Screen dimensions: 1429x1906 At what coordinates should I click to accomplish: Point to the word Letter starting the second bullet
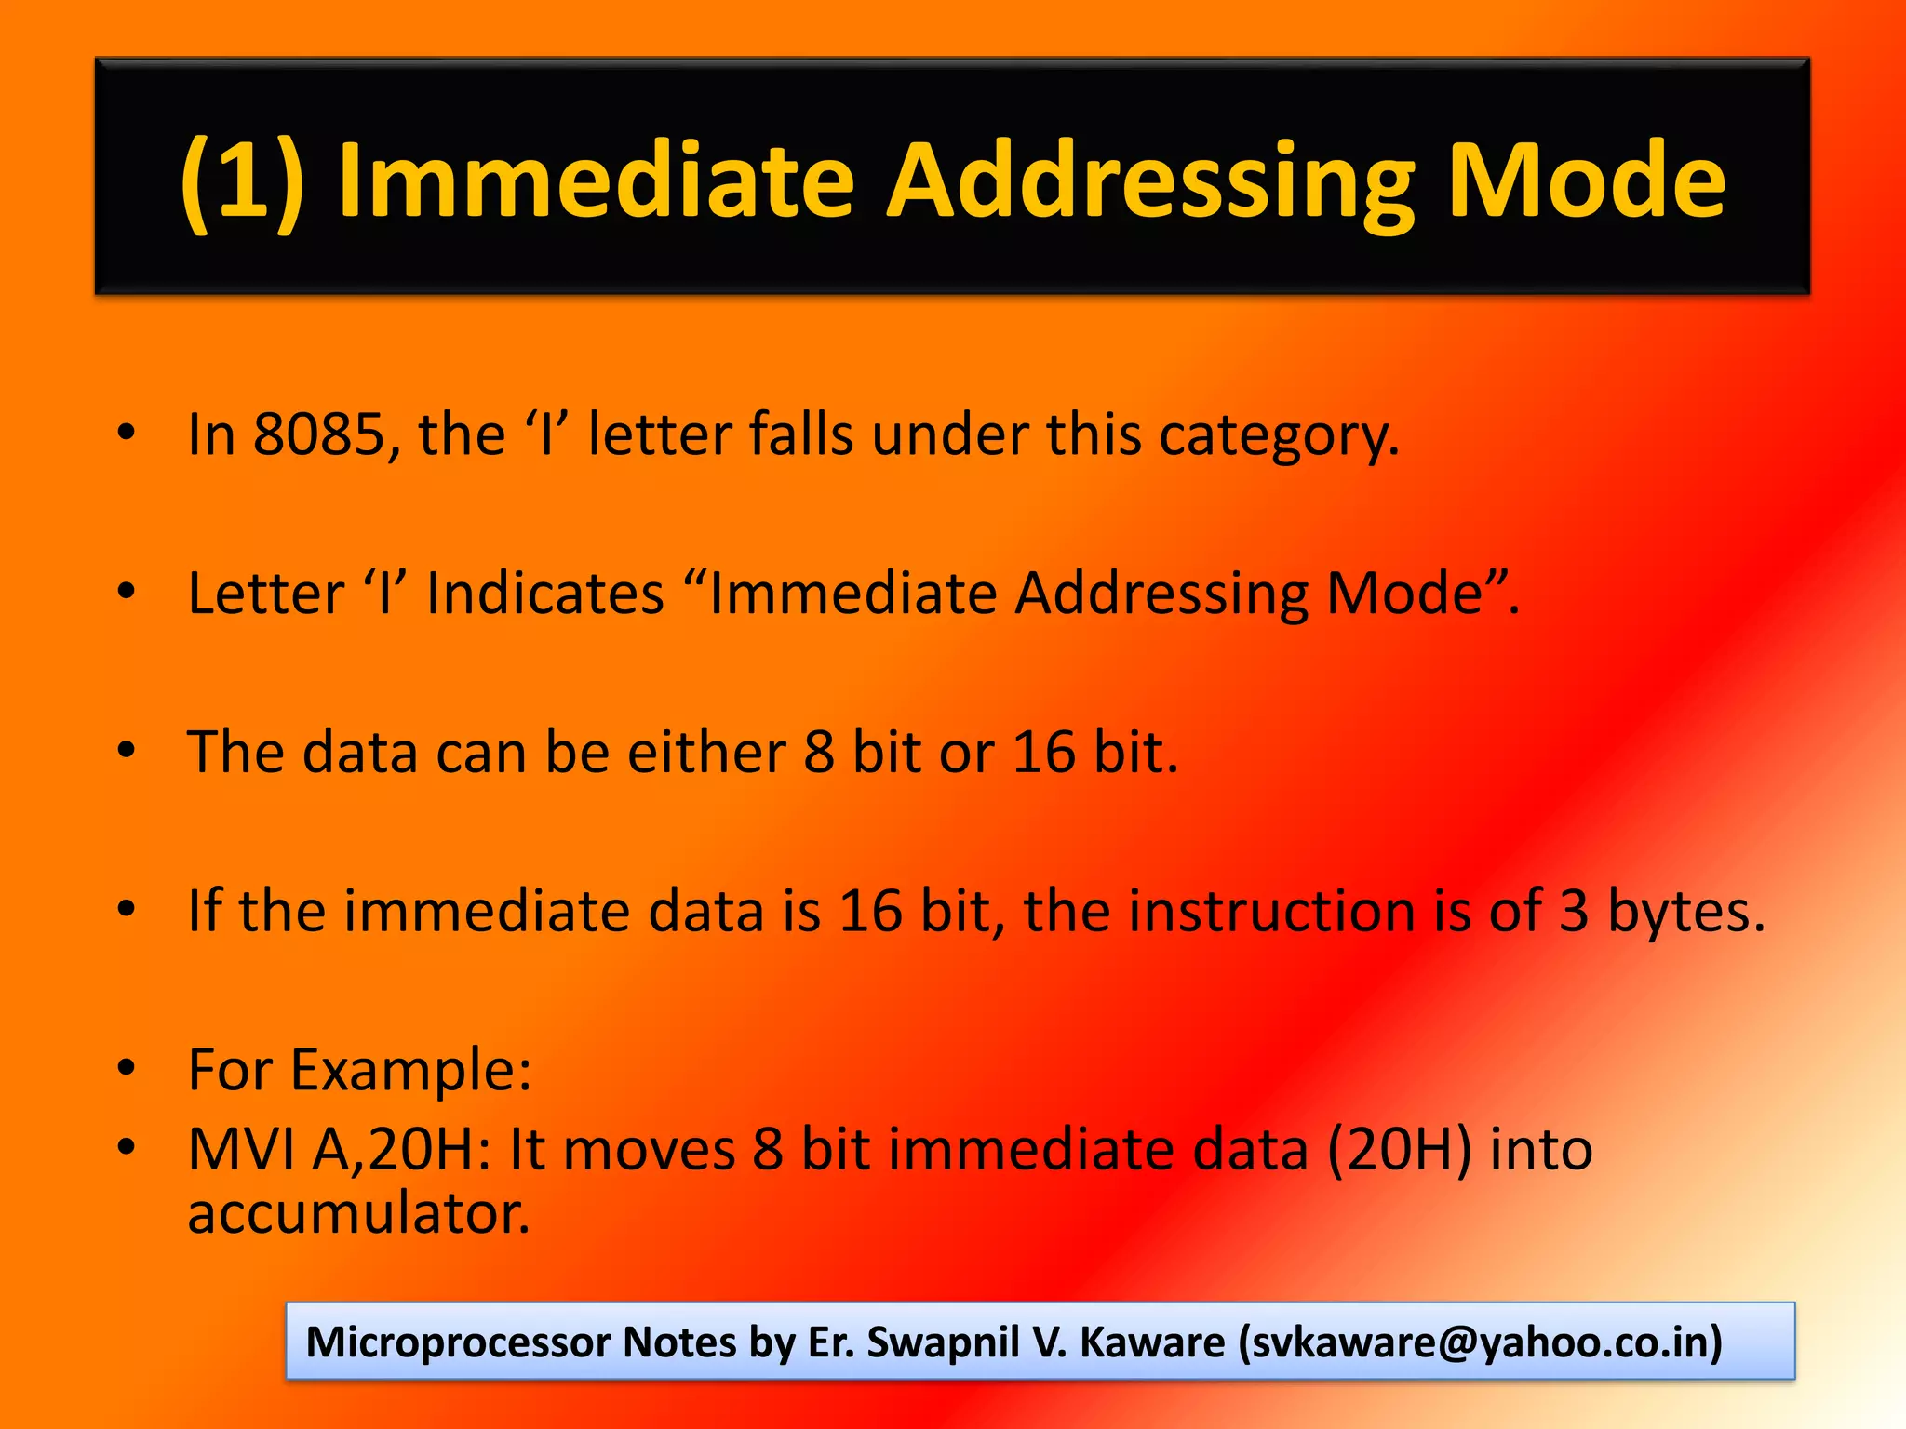click(266, 593)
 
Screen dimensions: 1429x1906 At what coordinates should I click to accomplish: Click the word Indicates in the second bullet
click(544, 593)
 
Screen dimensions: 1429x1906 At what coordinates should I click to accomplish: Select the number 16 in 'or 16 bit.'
click(1043, 752)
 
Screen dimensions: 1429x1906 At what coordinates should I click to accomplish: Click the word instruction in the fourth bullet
click(1272, 911)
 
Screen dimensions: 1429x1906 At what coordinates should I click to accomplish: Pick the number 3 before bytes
click(1574, 911)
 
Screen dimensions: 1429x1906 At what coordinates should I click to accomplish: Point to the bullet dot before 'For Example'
click(128, 1067)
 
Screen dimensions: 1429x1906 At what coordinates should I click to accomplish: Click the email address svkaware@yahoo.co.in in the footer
click(1480, 1342)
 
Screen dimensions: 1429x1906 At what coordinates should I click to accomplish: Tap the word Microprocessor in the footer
click(457, 1342)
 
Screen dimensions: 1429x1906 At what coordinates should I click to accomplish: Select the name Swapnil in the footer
click(943, 1342)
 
